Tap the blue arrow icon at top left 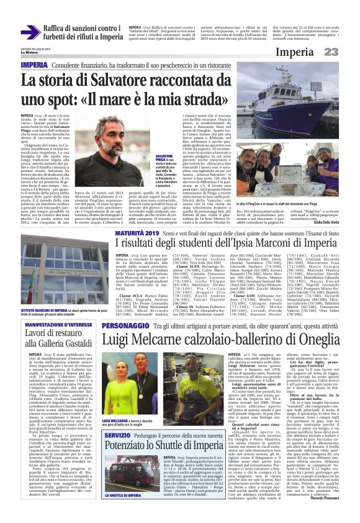pyautogui.click(x=30, y=33)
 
